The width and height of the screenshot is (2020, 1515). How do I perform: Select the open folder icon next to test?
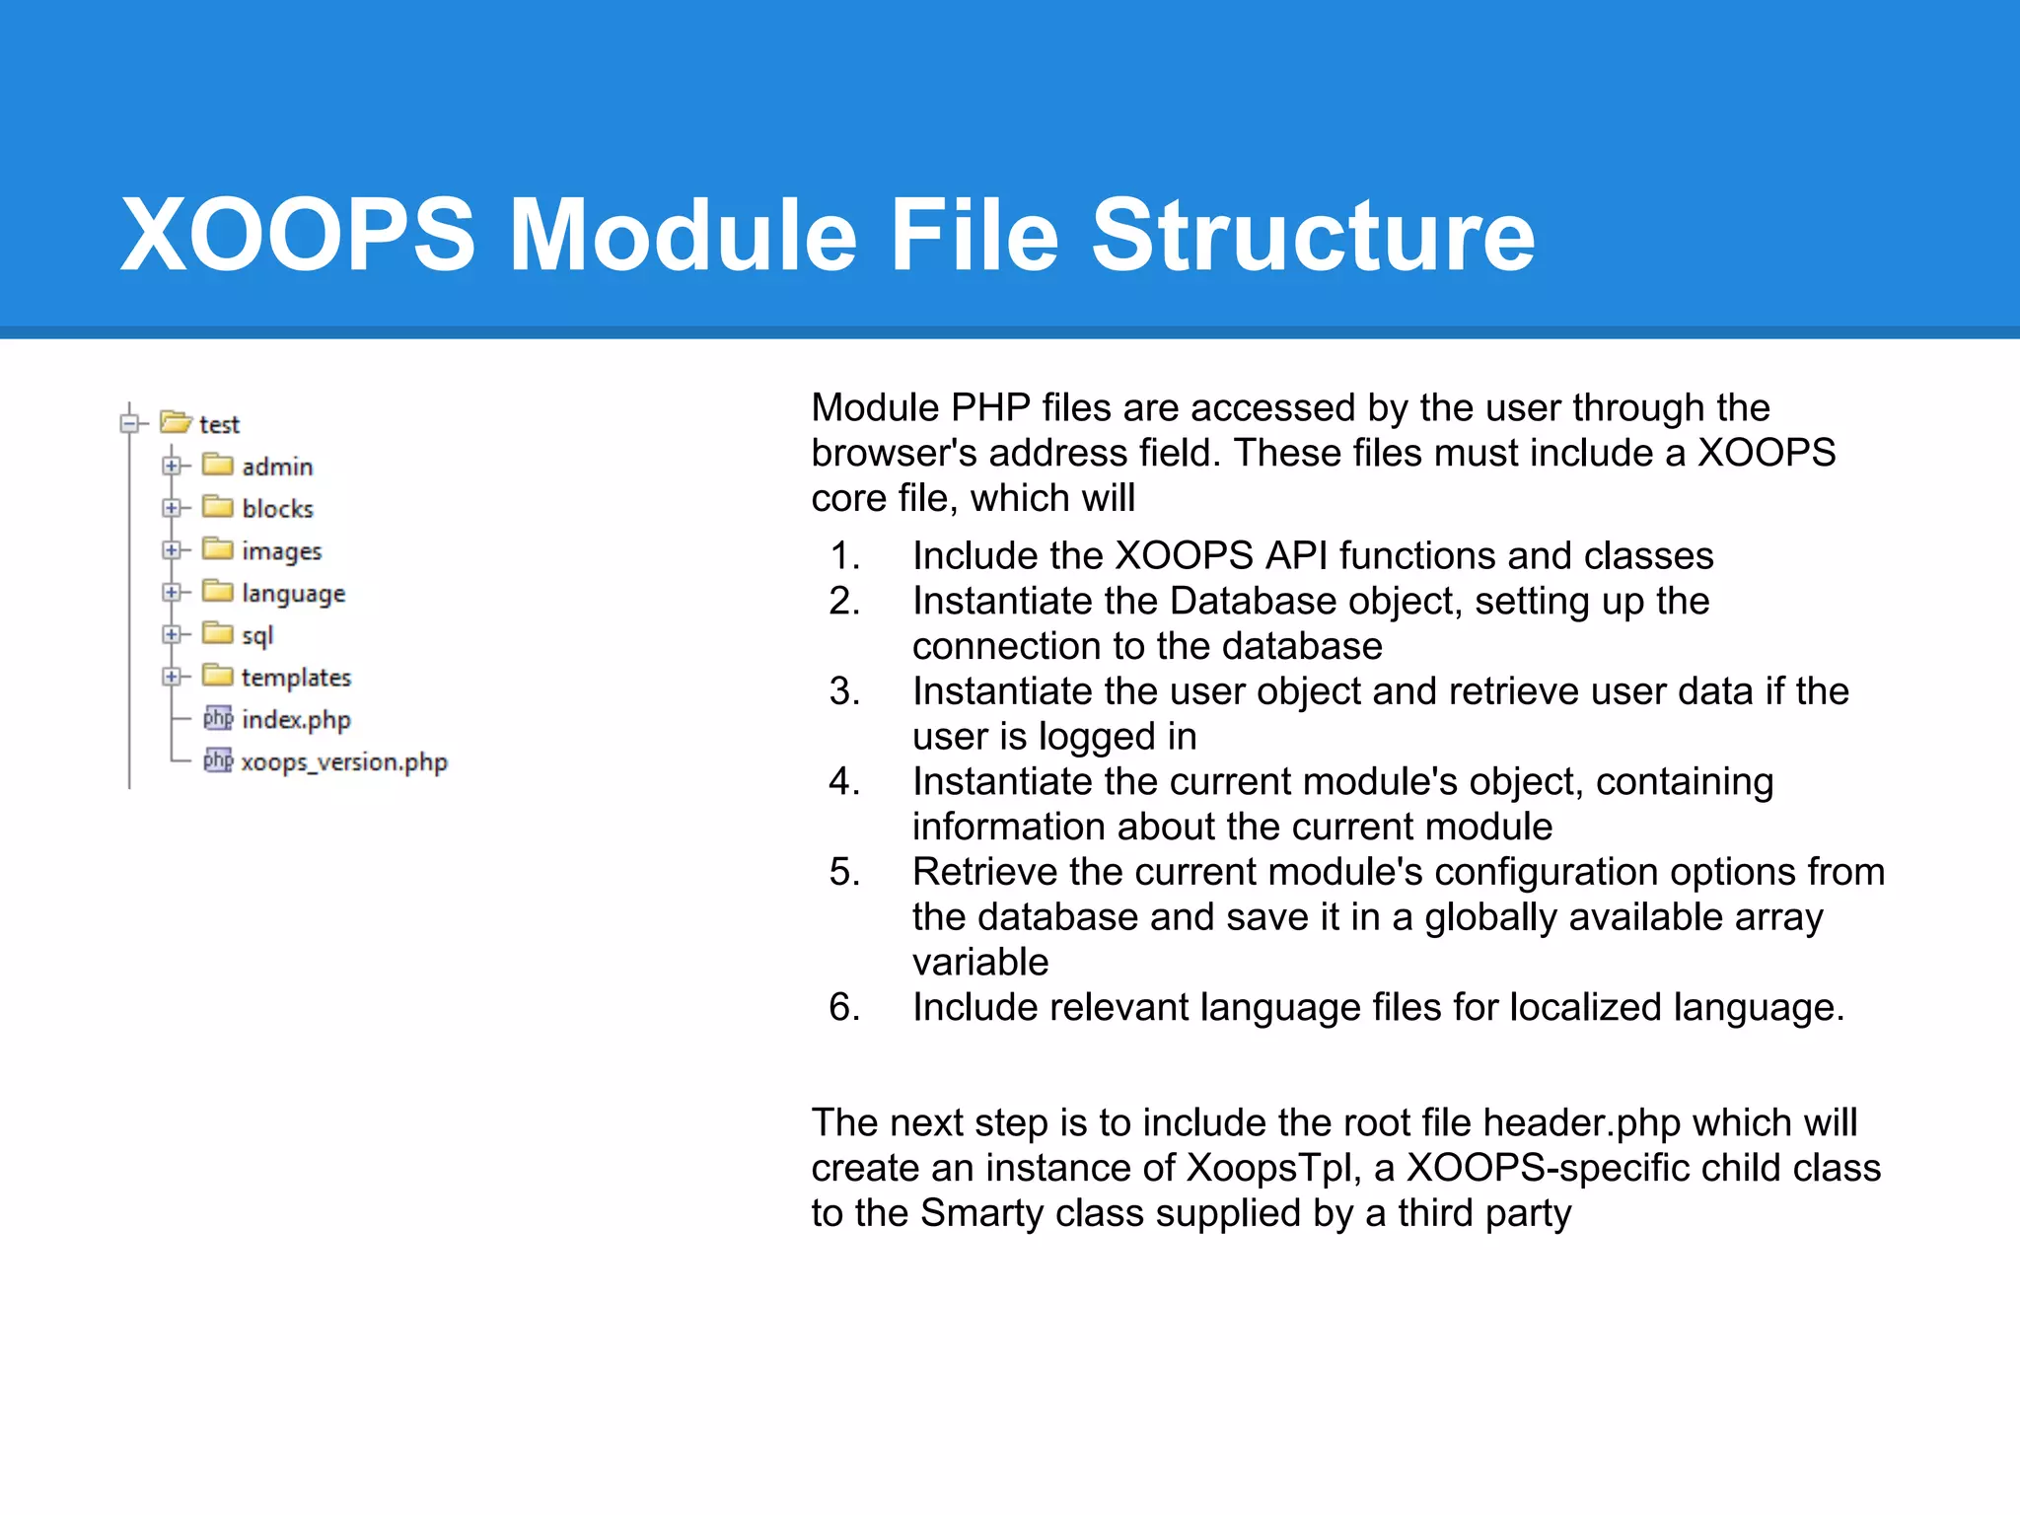176,422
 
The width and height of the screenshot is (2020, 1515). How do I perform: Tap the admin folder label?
277,467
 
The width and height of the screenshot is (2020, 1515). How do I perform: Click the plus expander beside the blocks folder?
172,508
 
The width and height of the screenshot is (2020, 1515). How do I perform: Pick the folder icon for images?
217,548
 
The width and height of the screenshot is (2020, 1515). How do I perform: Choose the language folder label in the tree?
293,594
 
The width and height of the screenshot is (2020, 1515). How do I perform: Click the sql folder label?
256,636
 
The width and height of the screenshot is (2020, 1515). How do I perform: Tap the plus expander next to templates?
172,677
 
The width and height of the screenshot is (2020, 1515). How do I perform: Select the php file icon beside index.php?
217,718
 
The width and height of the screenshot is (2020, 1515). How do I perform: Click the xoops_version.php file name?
343,762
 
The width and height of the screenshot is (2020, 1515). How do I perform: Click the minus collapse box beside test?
129,423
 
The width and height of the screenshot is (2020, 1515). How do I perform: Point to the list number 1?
844,556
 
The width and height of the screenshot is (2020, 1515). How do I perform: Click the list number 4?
844,781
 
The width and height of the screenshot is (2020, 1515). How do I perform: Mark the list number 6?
844,1007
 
